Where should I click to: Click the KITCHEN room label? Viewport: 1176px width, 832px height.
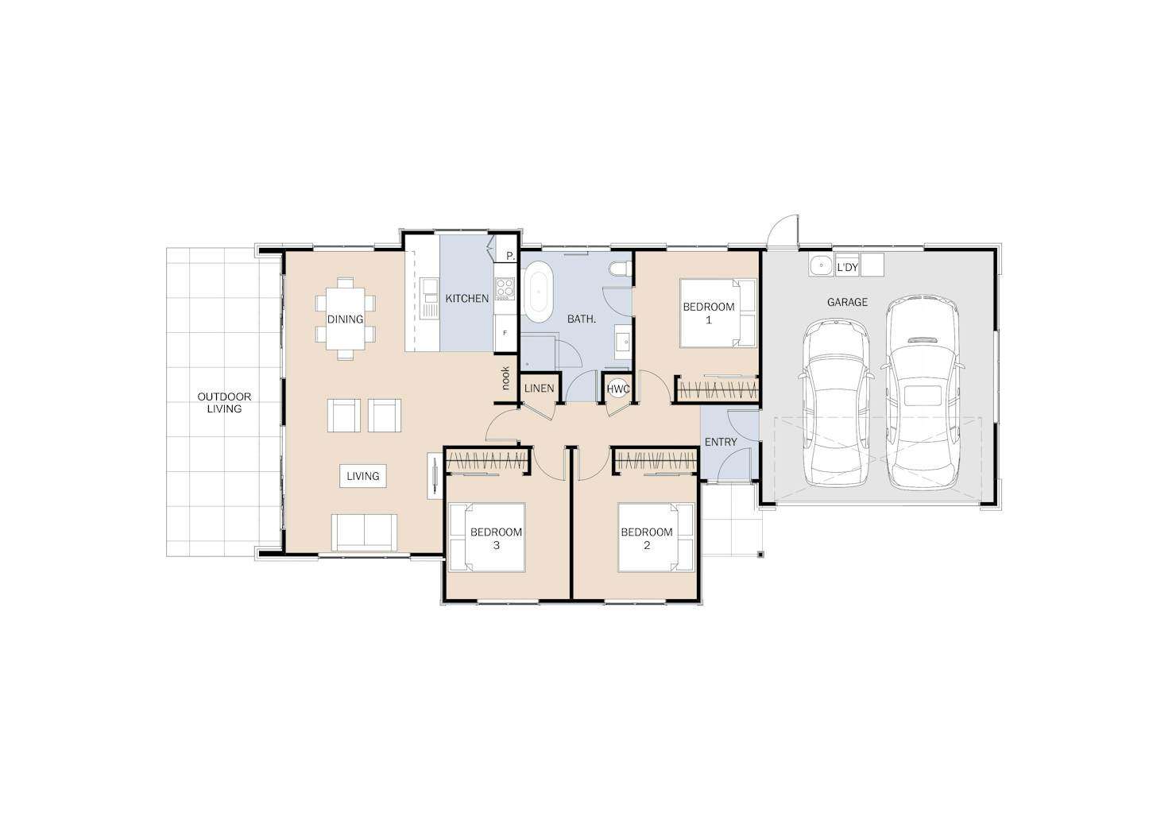pos(466,299)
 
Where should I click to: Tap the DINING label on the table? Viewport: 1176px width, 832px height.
pos(345,319)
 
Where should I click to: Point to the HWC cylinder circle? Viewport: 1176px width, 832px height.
pos(618,389)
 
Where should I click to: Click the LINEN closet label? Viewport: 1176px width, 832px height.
pos(540,389)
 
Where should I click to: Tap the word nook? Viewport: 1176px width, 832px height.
pos(505,378)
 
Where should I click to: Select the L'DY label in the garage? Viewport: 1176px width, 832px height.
pos(847,267)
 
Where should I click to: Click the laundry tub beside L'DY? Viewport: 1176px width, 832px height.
pos(821,265)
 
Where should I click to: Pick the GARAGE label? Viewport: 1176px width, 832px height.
pos(847,302)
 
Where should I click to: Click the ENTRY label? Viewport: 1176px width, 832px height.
pos(721,443)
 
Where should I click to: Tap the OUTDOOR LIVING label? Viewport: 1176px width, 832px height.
pos(224,403)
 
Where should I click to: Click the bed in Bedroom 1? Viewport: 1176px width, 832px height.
pos(718,313)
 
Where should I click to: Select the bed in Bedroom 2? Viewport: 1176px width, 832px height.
pos(656,537)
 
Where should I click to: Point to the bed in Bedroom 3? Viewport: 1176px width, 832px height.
pos(487,537)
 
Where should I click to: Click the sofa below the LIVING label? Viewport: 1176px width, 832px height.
pos(364,532)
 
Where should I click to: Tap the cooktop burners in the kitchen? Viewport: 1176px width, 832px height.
pos(505,289)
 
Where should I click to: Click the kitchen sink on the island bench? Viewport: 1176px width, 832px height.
pos(430,298)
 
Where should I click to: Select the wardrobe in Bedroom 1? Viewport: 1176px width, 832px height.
pos(717,390)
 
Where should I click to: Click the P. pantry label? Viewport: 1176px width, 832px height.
pos(510,256)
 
